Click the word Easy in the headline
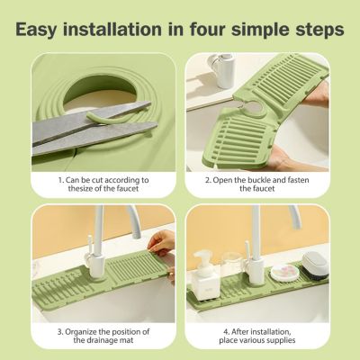pos(37,30)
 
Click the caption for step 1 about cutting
pos(103,184)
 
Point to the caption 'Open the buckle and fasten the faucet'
pos(257,184)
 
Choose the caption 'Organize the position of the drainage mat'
pos(103,336)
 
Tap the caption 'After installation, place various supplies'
pos(257,336)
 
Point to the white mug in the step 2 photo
pos(222,70)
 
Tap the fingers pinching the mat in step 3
pos(160,243)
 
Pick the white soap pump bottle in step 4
pos(205,276)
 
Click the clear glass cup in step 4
pos(232,264)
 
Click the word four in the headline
pos(207,29)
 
